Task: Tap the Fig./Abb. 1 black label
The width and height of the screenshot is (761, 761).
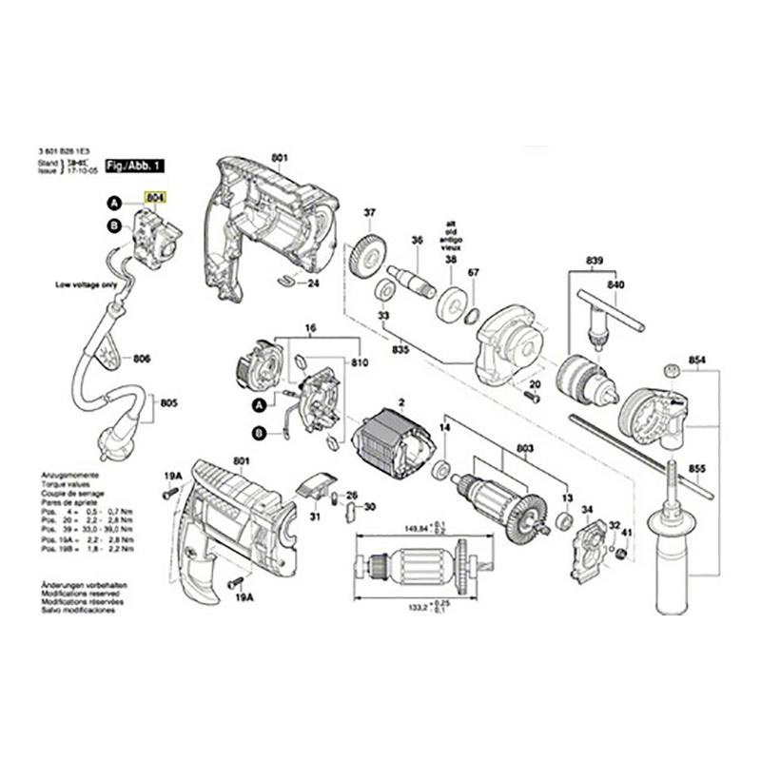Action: (135, 166)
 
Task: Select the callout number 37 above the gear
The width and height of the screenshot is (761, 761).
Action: (370, 212)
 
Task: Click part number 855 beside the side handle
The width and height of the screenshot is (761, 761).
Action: (697, 470)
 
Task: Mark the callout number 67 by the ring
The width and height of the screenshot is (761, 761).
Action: (474, 273)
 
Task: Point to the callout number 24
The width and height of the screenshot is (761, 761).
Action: (313, 283)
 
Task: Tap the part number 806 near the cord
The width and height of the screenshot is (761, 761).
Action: (142, 359)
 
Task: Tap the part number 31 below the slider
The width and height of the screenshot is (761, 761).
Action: (315, 517)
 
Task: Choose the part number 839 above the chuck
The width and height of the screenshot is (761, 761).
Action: (595, 261)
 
